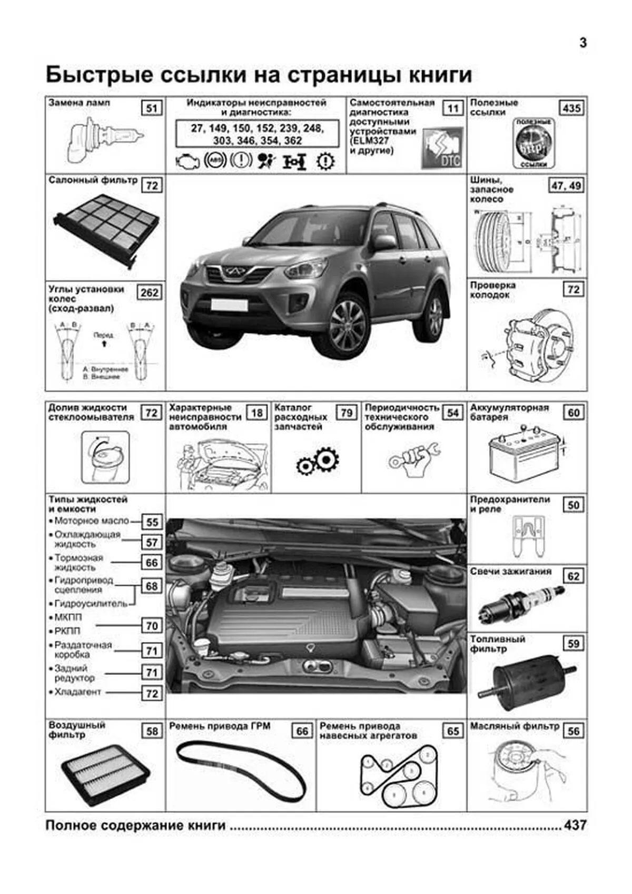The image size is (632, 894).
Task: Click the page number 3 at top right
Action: [x=582, y=43]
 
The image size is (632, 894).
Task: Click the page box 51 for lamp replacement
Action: [x=152, y=109]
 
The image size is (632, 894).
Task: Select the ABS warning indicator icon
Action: [x=214, y=161]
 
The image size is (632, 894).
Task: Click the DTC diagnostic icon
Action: [x=442, y=148]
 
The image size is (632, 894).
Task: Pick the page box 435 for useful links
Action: [x=571, y=108]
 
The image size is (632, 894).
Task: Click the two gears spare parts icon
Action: [x=317, y=462]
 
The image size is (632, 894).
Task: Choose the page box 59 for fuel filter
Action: [x=574, y=643]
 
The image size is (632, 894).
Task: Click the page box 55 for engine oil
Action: [x=152, y=522]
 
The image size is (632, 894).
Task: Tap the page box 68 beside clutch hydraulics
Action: [x=152, y=586]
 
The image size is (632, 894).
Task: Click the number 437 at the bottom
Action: [x=575, y=825]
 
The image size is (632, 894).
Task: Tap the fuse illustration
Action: [x=527, y=536]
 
